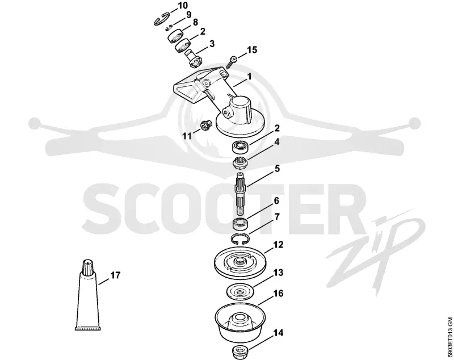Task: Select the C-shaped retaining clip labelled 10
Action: pos(162,20)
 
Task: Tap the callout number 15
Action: pos(251,49)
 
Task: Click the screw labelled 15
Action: pos(232,62)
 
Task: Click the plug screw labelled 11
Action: pos(206,125)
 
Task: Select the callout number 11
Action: pos(187,136)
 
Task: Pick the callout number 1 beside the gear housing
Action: pos(249,76)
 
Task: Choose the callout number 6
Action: pos(276,200)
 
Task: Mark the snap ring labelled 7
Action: pos(240,238)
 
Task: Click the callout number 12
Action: pos(278,245)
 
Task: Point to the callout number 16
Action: pos(278,293)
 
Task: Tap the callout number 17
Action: pos(115,275)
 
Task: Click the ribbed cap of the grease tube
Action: pos(87,267)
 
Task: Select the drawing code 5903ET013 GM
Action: pos(449,338)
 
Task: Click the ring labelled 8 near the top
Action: pos(176,35)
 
